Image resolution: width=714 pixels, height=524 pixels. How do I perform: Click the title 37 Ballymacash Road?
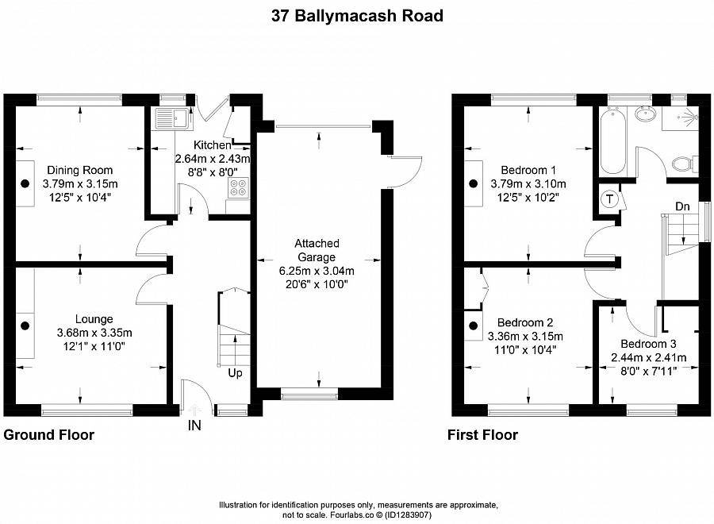click(x=356, y=15)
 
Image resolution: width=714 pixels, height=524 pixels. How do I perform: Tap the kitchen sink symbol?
click(x=171, y=120)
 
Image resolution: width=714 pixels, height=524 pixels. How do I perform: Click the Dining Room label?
click(x=79, y=170)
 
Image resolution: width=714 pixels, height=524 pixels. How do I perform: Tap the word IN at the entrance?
click(x=194, y=426)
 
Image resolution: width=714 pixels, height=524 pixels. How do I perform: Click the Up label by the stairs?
click(x=236, y=372)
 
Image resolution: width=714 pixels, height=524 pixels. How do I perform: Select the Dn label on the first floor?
click(x=682, y=206)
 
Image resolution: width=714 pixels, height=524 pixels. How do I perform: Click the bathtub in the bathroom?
click(x=614, y=143)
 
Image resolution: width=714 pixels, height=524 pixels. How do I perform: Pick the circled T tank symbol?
click(x=610, y=198)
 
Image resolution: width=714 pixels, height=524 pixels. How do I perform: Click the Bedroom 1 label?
click(x=528, y=170)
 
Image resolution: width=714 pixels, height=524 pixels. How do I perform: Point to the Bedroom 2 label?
click(x=524, y=322)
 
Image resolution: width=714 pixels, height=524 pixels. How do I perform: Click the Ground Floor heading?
click(x=49, y=435)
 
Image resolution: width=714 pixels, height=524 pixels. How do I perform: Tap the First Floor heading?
click(x=482, y=435)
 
